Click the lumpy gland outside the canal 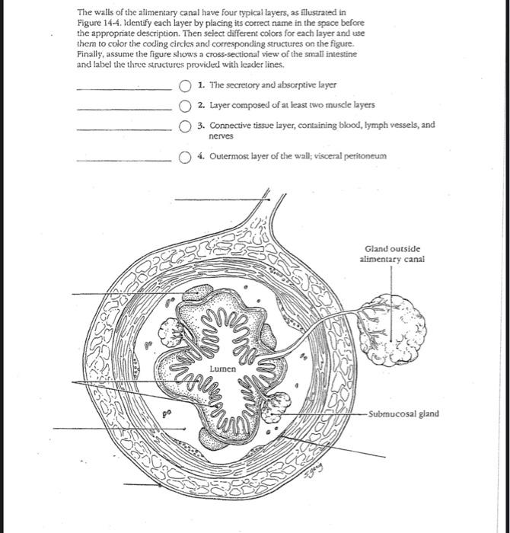pos(396,327)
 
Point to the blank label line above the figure pos(221,199)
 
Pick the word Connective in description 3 pos(228,124)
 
